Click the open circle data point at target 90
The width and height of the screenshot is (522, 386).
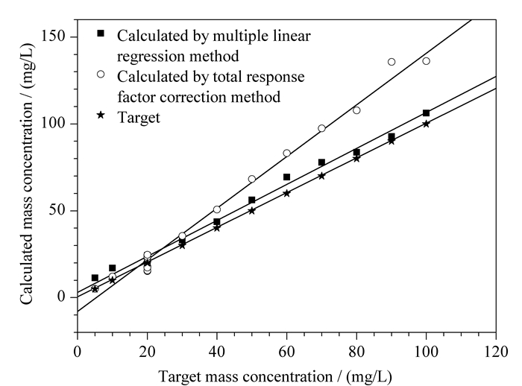391,62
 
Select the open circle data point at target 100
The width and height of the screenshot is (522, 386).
426,61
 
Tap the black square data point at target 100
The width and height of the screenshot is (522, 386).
426,113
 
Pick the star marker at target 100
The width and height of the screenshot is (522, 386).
426,124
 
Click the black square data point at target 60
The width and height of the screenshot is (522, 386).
286,177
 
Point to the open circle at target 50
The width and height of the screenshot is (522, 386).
252,179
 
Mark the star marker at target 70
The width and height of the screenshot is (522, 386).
321,176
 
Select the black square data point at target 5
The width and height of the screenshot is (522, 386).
95,278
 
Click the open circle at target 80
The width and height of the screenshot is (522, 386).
356,110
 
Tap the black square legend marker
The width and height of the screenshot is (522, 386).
101,34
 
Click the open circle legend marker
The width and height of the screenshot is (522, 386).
101,75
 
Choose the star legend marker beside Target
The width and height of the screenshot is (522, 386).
101,116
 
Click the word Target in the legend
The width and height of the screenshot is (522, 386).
139,118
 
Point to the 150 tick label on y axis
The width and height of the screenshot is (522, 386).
53,35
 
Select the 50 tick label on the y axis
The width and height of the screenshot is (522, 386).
57,210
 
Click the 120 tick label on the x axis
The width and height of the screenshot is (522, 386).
496,352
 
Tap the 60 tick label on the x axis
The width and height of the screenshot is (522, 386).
286,352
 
